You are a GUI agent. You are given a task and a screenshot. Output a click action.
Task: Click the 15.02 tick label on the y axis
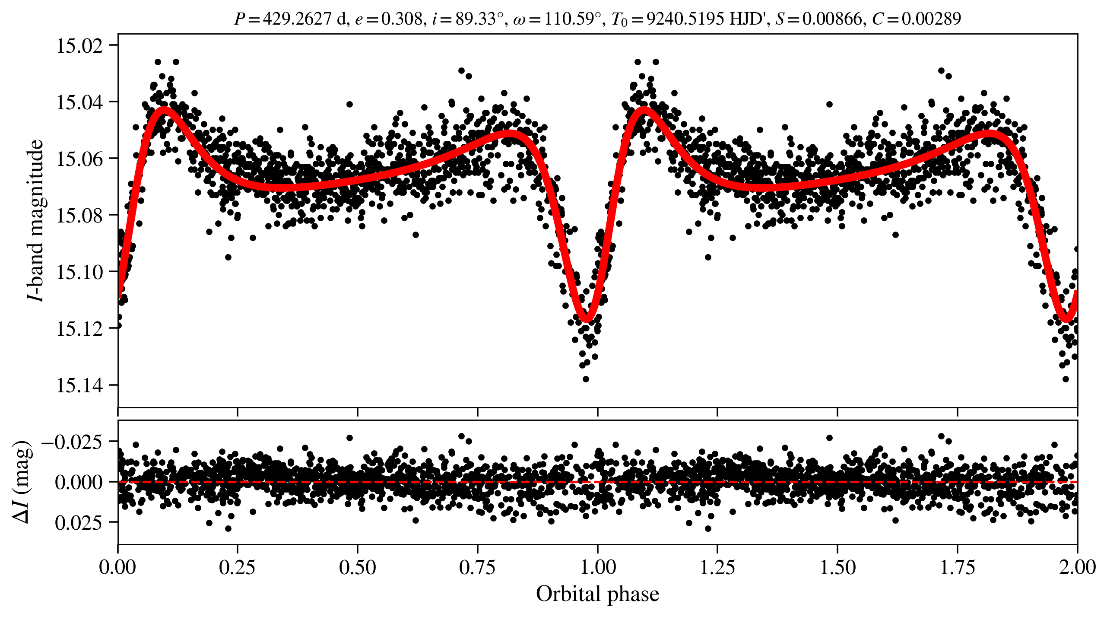click(80, 46)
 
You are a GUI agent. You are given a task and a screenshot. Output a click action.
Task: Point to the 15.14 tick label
click(80, 385)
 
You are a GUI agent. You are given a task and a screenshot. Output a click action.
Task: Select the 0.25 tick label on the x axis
click(237, 567)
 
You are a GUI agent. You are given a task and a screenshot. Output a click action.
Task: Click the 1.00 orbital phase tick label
click(597, 567)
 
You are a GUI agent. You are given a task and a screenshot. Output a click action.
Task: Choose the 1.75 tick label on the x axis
click(957, 567)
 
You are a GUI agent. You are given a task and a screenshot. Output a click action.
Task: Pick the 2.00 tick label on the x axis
click(1077, 567)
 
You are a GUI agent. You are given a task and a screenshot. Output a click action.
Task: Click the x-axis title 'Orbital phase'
click(597, 594)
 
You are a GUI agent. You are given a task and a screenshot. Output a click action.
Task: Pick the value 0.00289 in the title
click(931, 19)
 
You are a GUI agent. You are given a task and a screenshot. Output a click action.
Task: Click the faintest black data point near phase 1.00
click(586, 379)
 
